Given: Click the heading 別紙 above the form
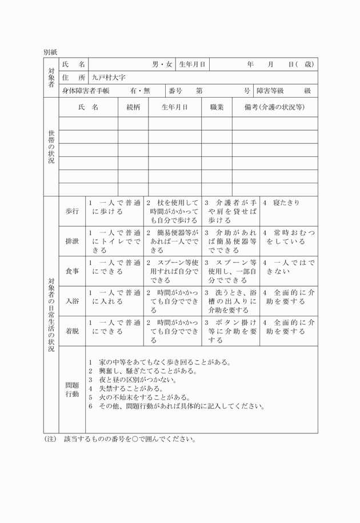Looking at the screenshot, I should (x=50, y=51).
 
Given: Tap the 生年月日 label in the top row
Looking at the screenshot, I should (x=192, y=65).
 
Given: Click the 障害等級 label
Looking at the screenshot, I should (x=271, y=90).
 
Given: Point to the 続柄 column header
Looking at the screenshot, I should (x=133, y=107).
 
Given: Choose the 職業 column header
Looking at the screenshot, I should (x=217, y=107).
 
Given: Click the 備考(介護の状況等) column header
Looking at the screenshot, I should (x=274, y=107).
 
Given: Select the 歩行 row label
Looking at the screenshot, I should (x=73, y=211).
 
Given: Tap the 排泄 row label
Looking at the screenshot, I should (x=73, y=241).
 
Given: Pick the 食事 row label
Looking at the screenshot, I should (x=73, y=271).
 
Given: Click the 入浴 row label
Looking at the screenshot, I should (x=73, y=301).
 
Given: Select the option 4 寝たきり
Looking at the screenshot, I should (x=281, y=203).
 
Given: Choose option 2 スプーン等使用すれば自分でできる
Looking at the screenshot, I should (x=172, y=271).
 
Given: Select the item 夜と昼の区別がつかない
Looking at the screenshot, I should (x=133, y=379).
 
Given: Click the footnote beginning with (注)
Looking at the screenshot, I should (x=120, y=440).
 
